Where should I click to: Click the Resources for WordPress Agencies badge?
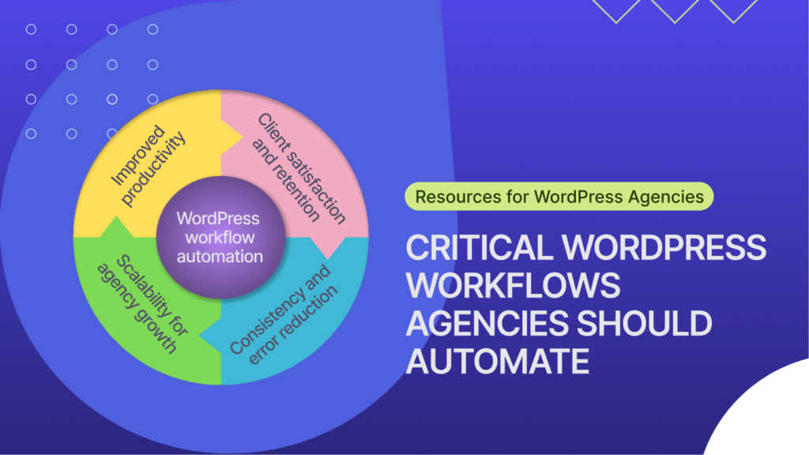point(559,196)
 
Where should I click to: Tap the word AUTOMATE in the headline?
point(498,362)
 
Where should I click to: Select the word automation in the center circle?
point(220,256)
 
